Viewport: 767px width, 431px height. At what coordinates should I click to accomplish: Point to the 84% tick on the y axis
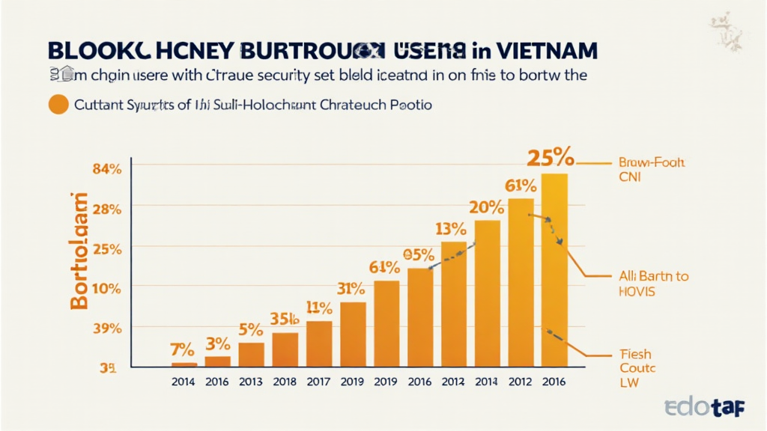point(106,168)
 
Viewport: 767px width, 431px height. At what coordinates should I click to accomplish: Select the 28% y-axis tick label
point(106,209)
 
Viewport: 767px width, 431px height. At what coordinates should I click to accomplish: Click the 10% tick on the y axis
point(106,287)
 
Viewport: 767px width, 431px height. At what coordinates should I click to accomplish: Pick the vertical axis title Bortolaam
point(79,251)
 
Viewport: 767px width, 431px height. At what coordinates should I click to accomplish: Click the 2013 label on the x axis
point(251,381)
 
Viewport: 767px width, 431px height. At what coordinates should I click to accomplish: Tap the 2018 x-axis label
point(285,381)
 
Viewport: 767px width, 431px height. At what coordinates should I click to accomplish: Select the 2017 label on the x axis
point(318,381)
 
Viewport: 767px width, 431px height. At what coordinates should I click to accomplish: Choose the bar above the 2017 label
point(319,343)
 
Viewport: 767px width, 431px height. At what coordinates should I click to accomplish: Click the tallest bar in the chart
point(554,269)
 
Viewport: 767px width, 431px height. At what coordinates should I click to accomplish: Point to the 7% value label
point(182,349)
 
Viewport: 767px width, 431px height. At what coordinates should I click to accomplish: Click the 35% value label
point(285,319)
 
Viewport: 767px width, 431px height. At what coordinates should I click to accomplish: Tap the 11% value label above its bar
point(319,308)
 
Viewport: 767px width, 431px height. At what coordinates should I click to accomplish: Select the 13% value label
point(452,229)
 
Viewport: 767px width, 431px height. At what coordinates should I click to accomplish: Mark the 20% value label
point(487,207)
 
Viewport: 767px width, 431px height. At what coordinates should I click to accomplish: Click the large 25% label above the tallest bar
point(551,158)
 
